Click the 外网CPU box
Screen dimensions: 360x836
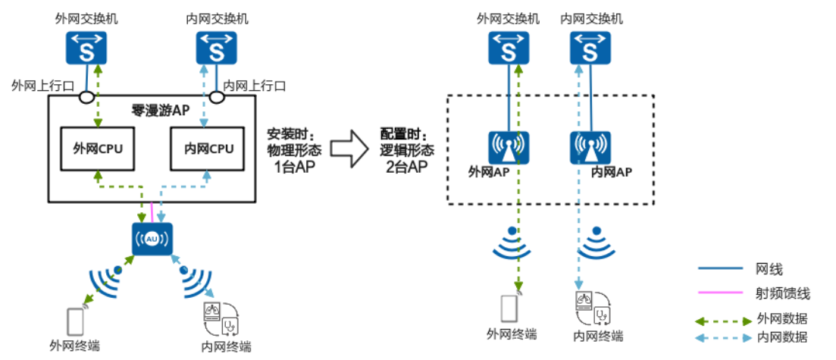[x=98, y=149]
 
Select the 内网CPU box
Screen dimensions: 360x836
[x=208, y=149]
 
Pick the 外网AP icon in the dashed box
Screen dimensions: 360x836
[x=508, y=148]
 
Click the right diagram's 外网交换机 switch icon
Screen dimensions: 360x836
[x=508, y=49]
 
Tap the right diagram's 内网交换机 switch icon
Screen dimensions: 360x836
[x=590, y=49]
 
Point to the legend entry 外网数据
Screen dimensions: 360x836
[x=781, y=318]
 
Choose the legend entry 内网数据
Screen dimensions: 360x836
[x=781, y=337]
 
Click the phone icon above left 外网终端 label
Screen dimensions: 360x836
[x=75, y=321]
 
